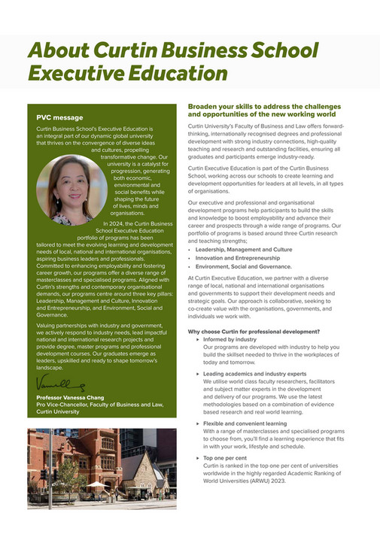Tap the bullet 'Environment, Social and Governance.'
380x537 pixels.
tap(243, 266)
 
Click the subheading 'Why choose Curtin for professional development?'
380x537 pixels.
tap(254, 332)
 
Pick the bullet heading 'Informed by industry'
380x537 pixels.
tap(230, 339)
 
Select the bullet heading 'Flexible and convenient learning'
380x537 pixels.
tap(245, 423)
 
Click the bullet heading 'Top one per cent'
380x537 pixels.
tap(224, 457)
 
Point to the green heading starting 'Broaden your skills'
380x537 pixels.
tap(263, 111)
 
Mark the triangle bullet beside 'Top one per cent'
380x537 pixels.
tap(196, 457)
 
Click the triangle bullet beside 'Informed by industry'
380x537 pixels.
tap(196, 339)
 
